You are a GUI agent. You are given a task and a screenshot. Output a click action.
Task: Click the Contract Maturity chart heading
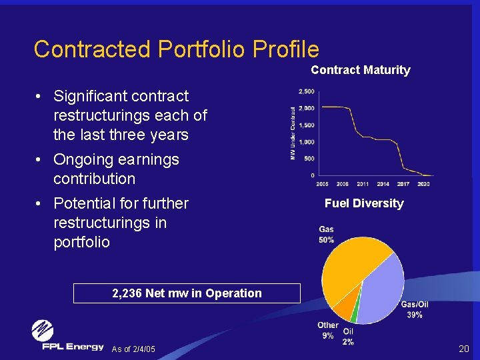pyautogui.click(x=360, y=70)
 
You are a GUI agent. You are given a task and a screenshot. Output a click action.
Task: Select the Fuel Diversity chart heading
pyautogui.click(x=364, y=203)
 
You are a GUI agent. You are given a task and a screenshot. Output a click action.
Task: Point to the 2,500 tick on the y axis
pyautogui.click(x=307, y=91)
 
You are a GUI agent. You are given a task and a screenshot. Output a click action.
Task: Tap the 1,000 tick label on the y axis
pyautogui.click(x=307, y=142)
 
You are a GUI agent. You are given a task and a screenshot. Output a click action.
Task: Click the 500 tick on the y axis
pyautogui.click(x=309, y=159)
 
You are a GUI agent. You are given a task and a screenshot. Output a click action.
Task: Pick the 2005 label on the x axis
pyautogui.click(x=322, y=183)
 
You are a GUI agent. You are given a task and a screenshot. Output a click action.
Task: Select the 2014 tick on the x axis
pyautogui.click(x=383, y=183)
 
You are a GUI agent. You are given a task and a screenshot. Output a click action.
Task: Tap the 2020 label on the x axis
pyautogui.click(x=424, y=183)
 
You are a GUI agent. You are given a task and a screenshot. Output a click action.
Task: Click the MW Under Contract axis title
pyautogui.click(x=293, y=133)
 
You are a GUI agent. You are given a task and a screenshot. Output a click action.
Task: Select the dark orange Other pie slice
pyautogui.click(x=345, y=306)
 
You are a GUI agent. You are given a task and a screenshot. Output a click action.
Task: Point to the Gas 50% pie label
pyautogui.click(x=327, y=234)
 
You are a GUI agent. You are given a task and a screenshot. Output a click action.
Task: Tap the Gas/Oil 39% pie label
pyautogui.click(x=415, y=309)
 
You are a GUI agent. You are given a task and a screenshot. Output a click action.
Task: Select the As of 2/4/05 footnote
pyautogui.click(x=133, y=349)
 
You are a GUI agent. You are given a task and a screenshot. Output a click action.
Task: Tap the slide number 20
pyautogui.click(x=464, y=349)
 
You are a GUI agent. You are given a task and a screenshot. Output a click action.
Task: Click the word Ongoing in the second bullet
pyautogui.click(x=83, y=160)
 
